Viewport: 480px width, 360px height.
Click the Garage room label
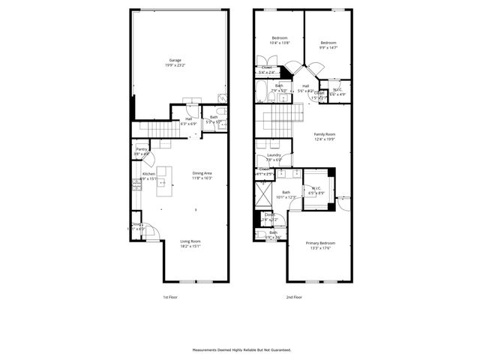tap(175, 63)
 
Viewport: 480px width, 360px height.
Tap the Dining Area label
tap(202, 175)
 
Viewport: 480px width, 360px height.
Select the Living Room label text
tap(190, 244)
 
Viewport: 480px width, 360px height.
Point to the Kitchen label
tap(148, 176)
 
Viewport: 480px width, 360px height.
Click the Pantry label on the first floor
tap(141, 151)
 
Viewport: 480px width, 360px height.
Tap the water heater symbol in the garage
tap(223, 98)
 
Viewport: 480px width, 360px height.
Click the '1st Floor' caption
tap(171, 297)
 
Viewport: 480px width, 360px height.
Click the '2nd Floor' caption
tap(294, 297)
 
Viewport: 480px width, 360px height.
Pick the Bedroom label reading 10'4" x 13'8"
tap(279, 40)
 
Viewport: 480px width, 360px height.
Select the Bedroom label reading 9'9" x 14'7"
tap(328, 45)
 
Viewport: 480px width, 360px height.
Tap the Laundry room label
tap(274, 157)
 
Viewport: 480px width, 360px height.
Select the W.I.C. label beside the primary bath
tap(316, 190)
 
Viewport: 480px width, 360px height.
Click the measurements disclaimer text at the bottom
tap(241, 349)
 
